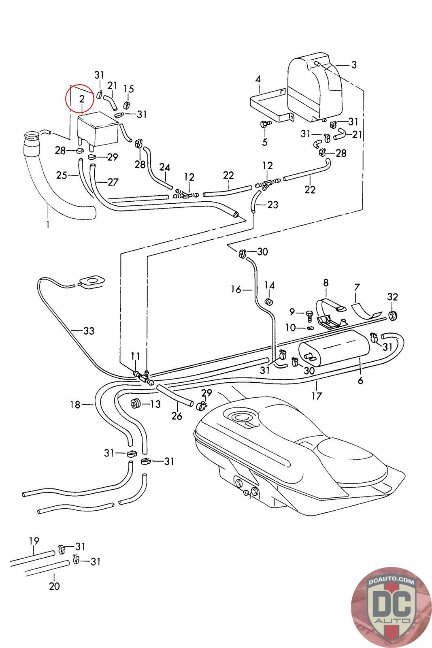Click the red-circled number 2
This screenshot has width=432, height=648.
tap(82, 98)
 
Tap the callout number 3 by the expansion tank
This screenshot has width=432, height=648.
tap(354, 65)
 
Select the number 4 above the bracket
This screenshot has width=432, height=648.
tap(258, 79)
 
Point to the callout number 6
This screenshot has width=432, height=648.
tap(360, 380)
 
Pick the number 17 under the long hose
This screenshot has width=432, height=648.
tap(317, 396)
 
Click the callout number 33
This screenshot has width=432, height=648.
tap(89, 331)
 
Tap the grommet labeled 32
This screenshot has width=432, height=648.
tap(392, 315)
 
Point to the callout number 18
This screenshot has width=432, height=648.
tap(75, 404)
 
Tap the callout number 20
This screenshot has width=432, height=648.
tap(54, 586)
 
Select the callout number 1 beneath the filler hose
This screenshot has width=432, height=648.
tap(48, 224)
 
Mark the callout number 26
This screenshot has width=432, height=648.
tap(177, 416)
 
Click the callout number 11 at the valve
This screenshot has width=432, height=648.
tap(135, 356)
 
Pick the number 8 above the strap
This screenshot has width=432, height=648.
tap(326, 282)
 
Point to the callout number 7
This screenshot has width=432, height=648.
tap(357, 288)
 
